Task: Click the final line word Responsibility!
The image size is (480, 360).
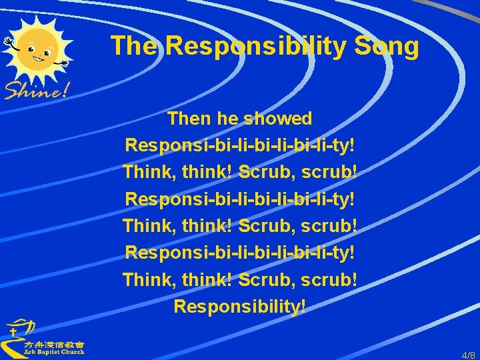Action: (x=240, y=306)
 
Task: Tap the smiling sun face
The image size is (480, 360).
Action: (x=41, y=50)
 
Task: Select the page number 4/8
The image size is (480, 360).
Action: (x=469, y=355)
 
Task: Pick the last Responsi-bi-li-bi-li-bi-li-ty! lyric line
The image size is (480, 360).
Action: (x=240, y=252)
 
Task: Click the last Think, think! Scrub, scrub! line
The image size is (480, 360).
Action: (x=240, y=279)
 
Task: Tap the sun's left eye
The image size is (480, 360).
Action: (x=31, y=48)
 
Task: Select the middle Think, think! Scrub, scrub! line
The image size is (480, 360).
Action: (x=240, y=225)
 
